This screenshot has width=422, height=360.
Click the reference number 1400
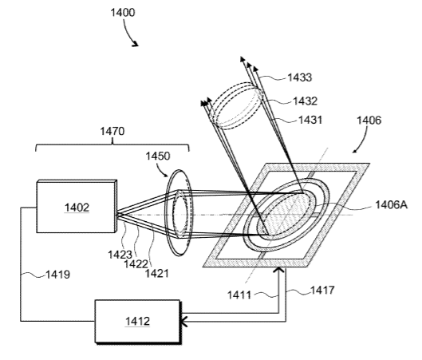coord(123,13)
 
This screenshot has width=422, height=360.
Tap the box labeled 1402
coord(77,206)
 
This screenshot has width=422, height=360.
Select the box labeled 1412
coord(138,322)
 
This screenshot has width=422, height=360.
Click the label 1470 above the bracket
coord(112,132)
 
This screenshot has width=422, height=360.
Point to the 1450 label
coord(158,156)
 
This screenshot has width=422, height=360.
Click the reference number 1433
coord(299,77)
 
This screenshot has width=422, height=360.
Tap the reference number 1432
coord(306,101)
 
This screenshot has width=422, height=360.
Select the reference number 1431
coord(310,120)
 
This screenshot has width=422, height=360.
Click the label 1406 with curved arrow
coord(369,121)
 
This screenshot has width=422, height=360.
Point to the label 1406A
coord(391,205)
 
